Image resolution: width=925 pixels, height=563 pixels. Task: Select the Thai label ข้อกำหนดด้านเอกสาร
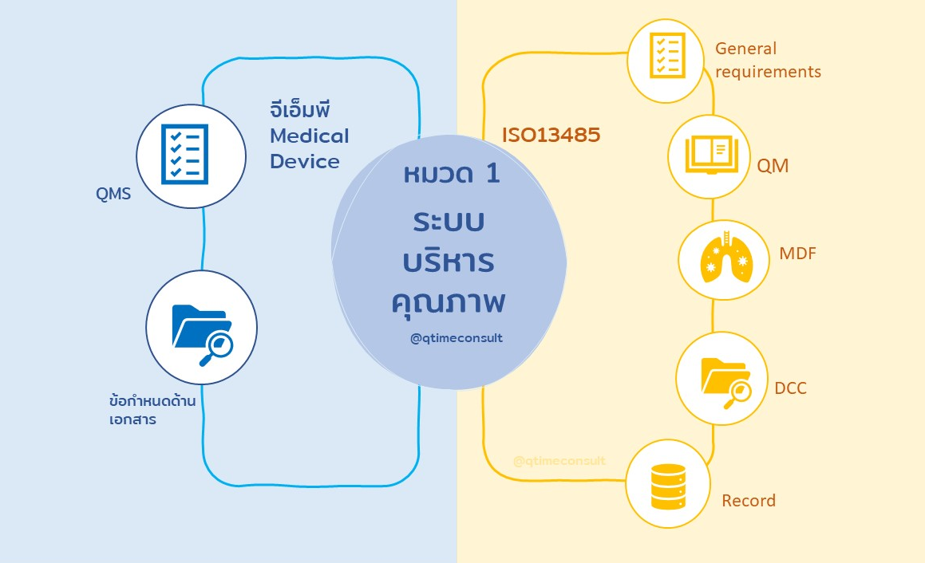pos(152,409)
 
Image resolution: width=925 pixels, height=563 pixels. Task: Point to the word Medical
pos(309,136)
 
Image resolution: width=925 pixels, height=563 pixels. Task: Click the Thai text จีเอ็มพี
pos(300,109)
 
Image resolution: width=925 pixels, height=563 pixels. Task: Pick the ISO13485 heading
pos(551,136)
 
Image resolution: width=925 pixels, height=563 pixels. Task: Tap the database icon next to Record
pos(667,486)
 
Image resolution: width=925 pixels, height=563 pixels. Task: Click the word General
pos(745,49)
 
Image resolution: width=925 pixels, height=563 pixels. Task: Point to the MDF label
pos(797,254)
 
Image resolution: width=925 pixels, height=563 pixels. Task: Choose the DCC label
pos(790,388)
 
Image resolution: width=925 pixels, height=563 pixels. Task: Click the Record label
pos(748,501)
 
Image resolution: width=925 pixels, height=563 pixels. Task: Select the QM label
pos(773,166)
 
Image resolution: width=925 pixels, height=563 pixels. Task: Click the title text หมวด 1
pos(452,173)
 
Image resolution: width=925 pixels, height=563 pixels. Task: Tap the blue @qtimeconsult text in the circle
pos(457,338)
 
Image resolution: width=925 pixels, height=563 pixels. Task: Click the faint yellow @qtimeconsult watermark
pos(559,461)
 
